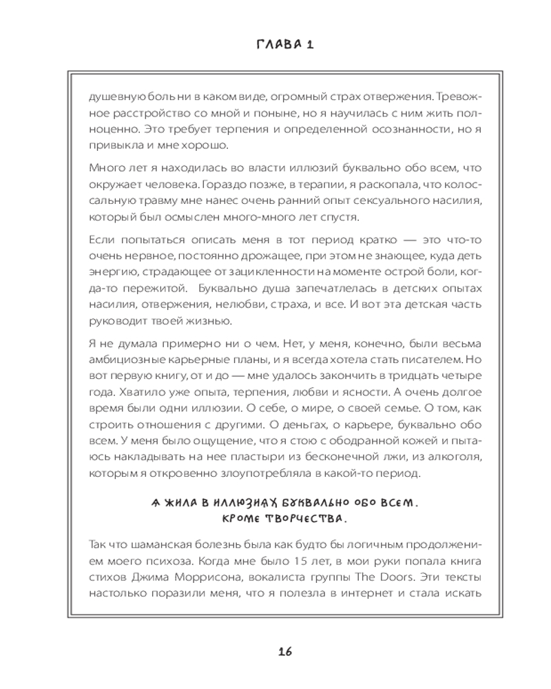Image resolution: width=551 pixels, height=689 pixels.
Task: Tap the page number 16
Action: (285, 652)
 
